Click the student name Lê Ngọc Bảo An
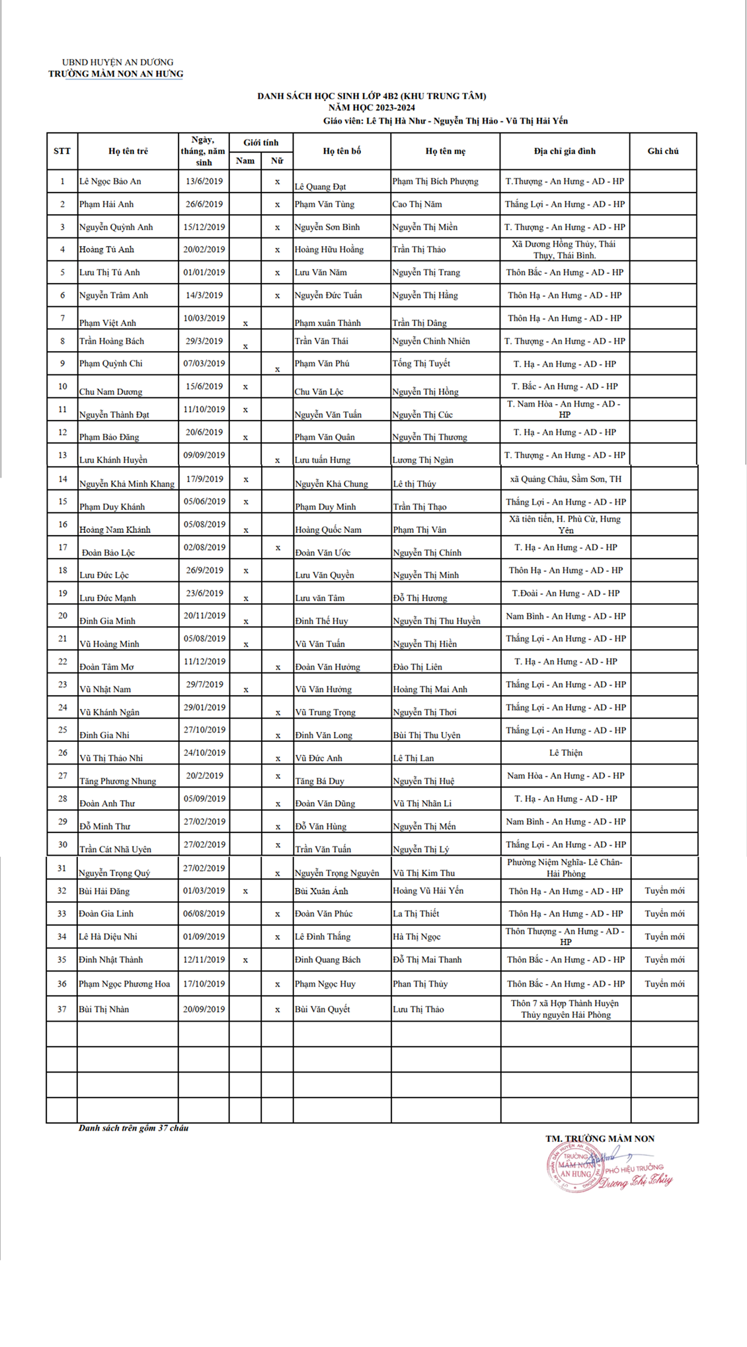[x=110, y=181]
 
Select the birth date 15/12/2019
[x=204, y=227]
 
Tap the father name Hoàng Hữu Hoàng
[x=329, y=249]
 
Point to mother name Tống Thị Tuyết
[x=421, y=364]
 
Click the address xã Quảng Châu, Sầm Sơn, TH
[x=565, y=479]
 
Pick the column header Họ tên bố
[x=342, y=151]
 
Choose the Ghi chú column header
[x=663, y=151]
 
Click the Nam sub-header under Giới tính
[x=245, y=161]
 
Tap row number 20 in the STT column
[x=63, y=616]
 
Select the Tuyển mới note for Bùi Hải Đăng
[x=664, y=891]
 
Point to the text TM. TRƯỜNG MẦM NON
[x=600, y=1139]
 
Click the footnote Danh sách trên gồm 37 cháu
[x=134, y=1128]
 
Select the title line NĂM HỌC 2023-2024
[x=372, y=108]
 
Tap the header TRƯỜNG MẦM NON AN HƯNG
[x=116, y=74]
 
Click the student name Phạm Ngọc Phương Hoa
[x=124, y=984]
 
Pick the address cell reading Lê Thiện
[x=565, y=753]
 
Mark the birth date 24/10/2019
[x=204, y=753]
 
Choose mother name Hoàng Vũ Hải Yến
[x=428, y=891]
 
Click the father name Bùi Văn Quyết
[x=322, y=1009]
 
